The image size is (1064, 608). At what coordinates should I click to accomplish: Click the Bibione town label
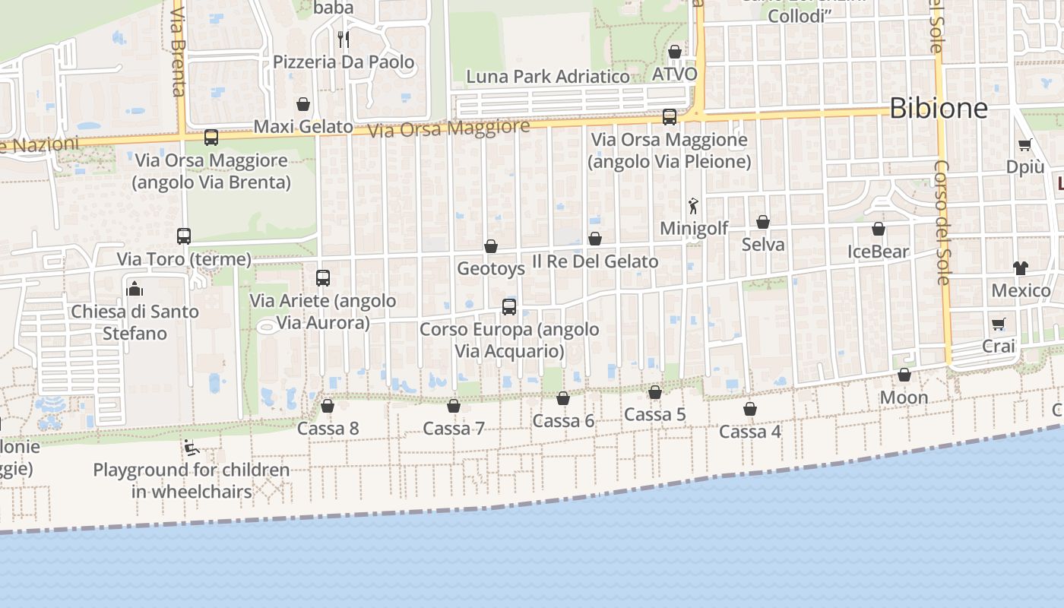tap(939, 109)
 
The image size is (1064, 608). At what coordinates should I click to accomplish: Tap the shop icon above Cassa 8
tap(328, 406)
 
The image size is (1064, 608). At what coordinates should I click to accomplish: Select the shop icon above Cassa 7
tap(454, 406)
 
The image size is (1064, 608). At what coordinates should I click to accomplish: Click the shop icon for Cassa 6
tap(563, 398)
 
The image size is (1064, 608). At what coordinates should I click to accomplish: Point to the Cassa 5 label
tap(654, 414)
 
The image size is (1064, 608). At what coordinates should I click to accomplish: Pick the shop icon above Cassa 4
tap(750, 409)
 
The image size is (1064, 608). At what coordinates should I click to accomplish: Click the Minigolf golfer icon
tap(693, 205)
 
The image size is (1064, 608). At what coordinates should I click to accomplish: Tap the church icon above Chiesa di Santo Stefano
tap(135, 289)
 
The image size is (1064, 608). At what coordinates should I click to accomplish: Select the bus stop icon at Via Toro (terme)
tap(184, 236)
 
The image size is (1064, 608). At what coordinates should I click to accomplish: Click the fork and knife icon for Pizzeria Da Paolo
tap(344, 39)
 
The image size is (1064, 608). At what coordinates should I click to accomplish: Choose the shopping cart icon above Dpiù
tap(1024, 144)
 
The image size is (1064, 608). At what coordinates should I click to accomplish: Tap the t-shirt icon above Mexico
tap(1020, 268)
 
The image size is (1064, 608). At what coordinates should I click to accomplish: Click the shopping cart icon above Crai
tap(999, 324)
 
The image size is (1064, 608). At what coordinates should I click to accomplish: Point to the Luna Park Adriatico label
tap(547, 77)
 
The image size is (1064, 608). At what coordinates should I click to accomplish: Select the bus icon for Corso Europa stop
tap(509, 307)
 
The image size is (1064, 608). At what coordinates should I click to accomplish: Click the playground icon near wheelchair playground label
tap(192, 448)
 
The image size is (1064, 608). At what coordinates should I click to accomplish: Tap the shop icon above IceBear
tap(879, 229)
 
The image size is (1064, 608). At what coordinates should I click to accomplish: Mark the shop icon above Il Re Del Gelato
tap(595, 239)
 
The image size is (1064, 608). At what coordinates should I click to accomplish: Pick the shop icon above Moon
tap(904, 375)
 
